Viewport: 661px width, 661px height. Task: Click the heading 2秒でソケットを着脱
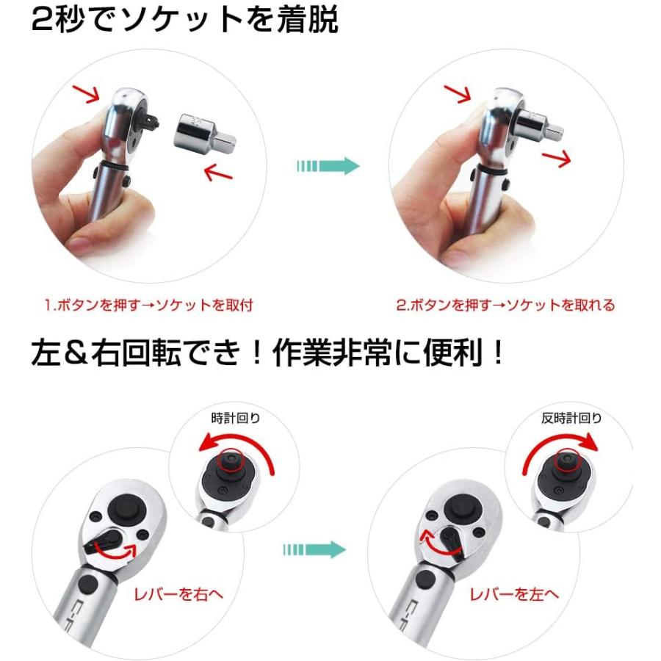coord(184,21)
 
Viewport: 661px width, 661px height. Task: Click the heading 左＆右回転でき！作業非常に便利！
coord(269,355)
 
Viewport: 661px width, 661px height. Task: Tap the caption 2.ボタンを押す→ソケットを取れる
coord(506,305)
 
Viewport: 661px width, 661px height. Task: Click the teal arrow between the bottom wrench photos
coord(314,549)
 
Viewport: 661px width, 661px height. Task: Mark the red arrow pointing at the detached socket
coord(218,173)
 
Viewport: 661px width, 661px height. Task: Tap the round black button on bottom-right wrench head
coord(460,509)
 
